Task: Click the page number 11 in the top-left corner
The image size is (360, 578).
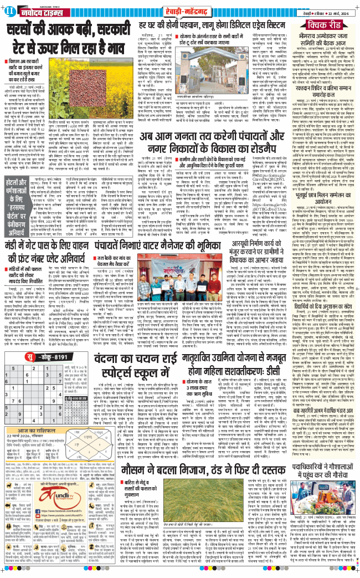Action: click(x=11, y=11)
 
